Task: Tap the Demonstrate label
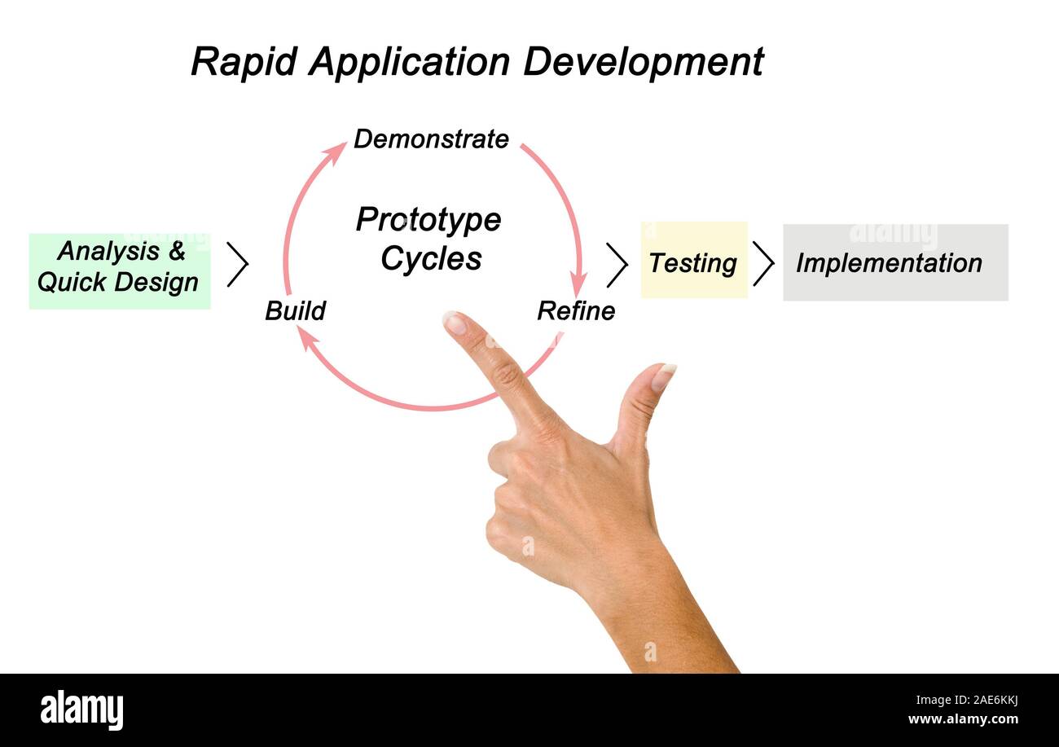[431, 139]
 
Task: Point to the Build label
[295, 311]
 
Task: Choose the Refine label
[576, 311]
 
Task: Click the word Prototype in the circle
[428, 220]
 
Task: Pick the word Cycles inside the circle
[431, 259]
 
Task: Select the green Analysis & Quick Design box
[120, 271]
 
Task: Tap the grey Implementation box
[894, 262]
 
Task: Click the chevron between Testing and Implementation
[763, 263]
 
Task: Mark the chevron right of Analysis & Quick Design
[237, 264]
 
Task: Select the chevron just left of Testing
[617, 264]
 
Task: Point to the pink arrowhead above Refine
[578, 286]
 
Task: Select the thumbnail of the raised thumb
[664, 376]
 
